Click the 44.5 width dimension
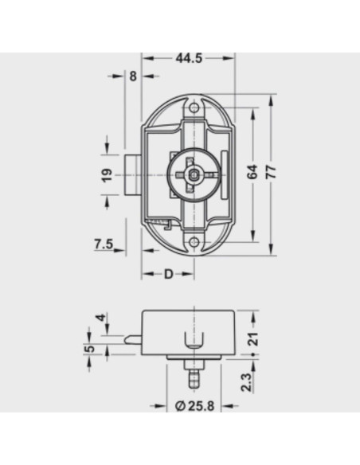(189, 58)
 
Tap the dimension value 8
(133, 76)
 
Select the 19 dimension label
(108, 175)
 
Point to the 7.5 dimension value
(104, 244)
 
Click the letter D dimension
(168, 275)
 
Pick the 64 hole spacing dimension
(252, 172)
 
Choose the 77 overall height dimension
(271, 172)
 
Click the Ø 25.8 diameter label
(194, 406)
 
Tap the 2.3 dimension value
(246, 382)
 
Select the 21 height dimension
(253, 338)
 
